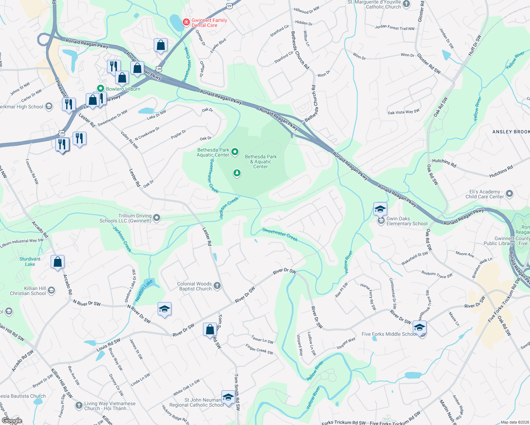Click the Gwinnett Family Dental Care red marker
pos(186,23)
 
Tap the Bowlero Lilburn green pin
pos(101,89)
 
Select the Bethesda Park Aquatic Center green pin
pos(235,152)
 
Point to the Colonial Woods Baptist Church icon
pos(217,286)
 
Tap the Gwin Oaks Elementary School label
pos(407,221)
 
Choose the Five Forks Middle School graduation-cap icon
pos(419,328)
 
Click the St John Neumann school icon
pos(228,397)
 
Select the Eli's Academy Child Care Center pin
pos(509,194)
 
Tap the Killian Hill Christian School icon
pos(51,291)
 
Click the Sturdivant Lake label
pos(30,261)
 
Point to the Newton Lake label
pos(144,290)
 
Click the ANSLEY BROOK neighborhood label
pos(511,132)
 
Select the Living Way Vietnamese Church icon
pos(79,406)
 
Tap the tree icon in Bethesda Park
pos(237,173)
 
